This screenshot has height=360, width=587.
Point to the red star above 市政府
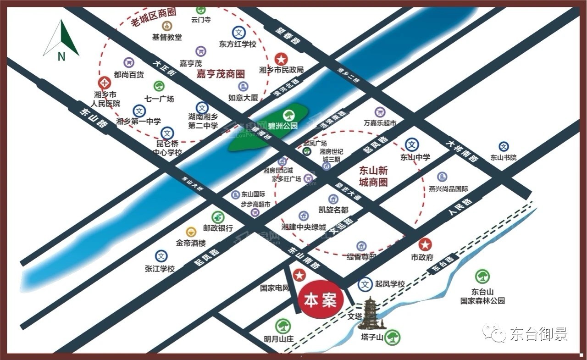click(x=425, y=244)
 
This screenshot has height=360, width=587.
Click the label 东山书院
click(x=504, y=157)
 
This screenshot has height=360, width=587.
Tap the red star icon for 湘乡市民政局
click(x=281, y=59)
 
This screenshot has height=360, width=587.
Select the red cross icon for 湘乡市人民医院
click(x=105, y=83)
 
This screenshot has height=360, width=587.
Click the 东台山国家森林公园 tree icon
click(x=482, y=277)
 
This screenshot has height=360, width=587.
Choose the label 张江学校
click(x=160, y=269)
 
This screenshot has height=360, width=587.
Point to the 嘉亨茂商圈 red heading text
click(x=221, y=74)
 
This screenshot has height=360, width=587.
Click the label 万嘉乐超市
click(x=380, y=123)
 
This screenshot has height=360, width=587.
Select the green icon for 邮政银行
click(x=218, y=217)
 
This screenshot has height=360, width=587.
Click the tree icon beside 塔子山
click(x=392, y=338)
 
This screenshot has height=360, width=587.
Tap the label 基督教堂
click(x=167, y=37)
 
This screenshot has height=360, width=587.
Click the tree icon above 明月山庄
click(x=282, y=327)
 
